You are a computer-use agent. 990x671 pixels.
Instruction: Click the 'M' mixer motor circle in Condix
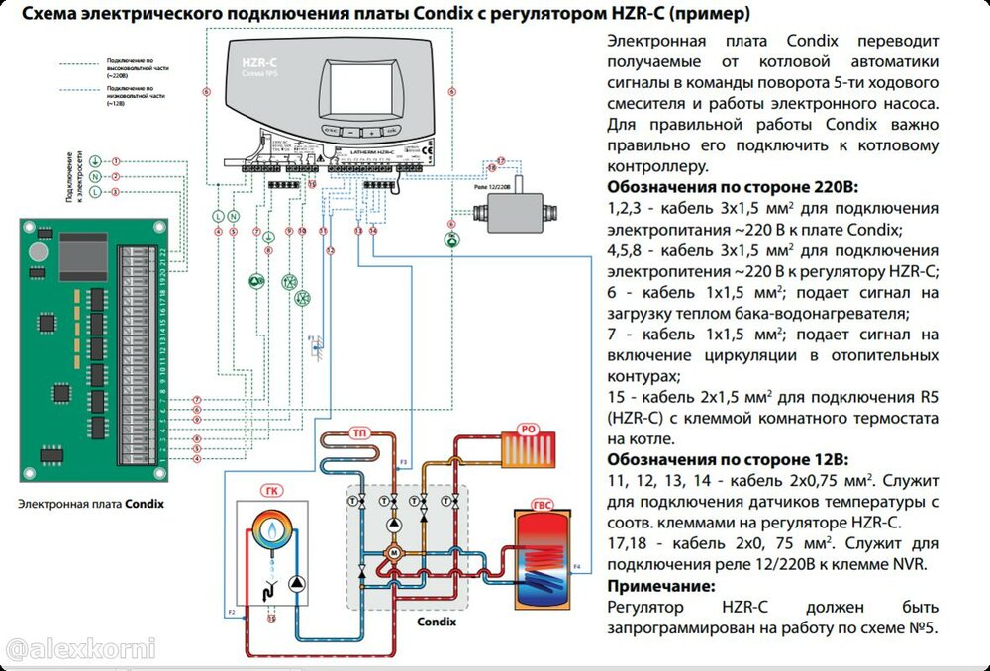pyautogui.click(x=392, y=552)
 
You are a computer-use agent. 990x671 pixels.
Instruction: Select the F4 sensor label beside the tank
pyautogui.click(x=578, y=564)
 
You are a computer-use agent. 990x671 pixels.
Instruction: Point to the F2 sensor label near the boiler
pyautogui.click(x=232, y=614)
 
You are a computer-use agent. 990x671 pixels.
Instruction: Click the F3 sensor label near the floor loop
pyautogui.click(x=403, y=462)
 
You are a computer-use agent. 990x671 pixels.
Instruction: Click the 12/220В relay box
pyautogui.click(x=510, y=210)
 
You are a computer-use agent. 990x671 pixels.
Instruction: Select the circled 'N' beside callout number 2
pyautogui.click(x=95, y=176)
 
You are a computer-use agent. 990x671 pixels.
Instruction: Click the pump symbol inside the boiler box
pyautogui.click(x=296, y=584)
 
